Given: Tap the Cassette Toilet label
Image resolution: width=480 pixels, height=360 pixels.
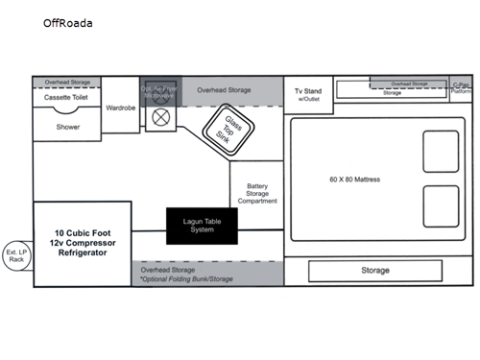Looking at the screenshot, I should click(x=64, y=98).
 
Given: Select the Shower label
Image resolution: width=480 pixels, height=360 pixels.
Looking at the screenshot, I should click(x=67, y=127).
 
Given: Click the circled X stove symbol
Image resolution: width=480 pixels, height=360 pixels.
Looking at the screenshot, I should click(x=160, y=117).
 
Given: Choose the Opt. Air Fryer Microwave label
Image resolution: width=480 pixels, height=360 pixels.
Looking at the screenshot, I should click(x=160, y=91).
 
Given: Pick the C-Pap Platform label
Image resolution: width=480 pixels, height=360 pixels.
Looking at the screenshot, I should click(x=461, y=89).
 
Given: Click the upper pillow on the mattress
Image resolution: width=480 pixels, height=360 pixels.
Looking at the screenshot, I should click(x=440, y=152).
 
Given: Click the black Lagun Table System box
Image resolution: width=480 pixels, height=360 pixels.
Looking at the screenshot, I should click(x=202, y=226).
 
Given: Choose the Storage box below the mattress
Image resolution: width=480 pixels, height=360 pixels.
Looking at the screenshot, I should click(x=375, y=271).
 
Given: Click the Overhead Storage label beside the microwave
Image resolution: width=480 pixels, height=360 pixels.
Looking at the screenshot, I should click(x=224, y=90).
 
